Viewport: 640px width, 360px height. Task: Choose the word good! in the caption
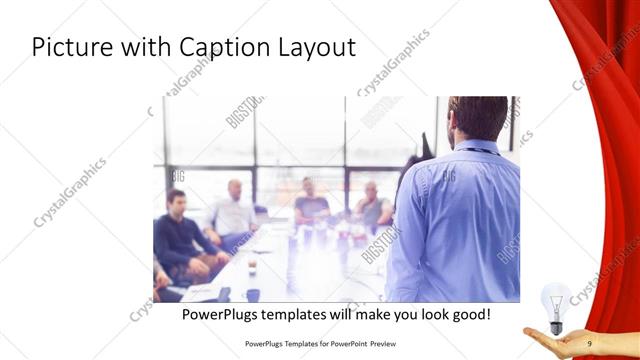pyautogui.click(x=467, y=314)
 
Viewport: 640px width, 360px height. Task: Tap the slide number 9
pyautogui.click(x=590, y=345)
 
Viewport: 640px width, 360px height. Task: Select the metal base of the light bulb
pyautogui.click(x=556, y=325)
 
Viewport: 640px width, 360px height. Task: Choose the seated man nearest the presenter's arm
pyautogui.click(x=372, y=205)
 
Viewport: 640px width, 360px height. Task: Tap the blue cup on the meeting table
pyautogui.click(x=252, y=294)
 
